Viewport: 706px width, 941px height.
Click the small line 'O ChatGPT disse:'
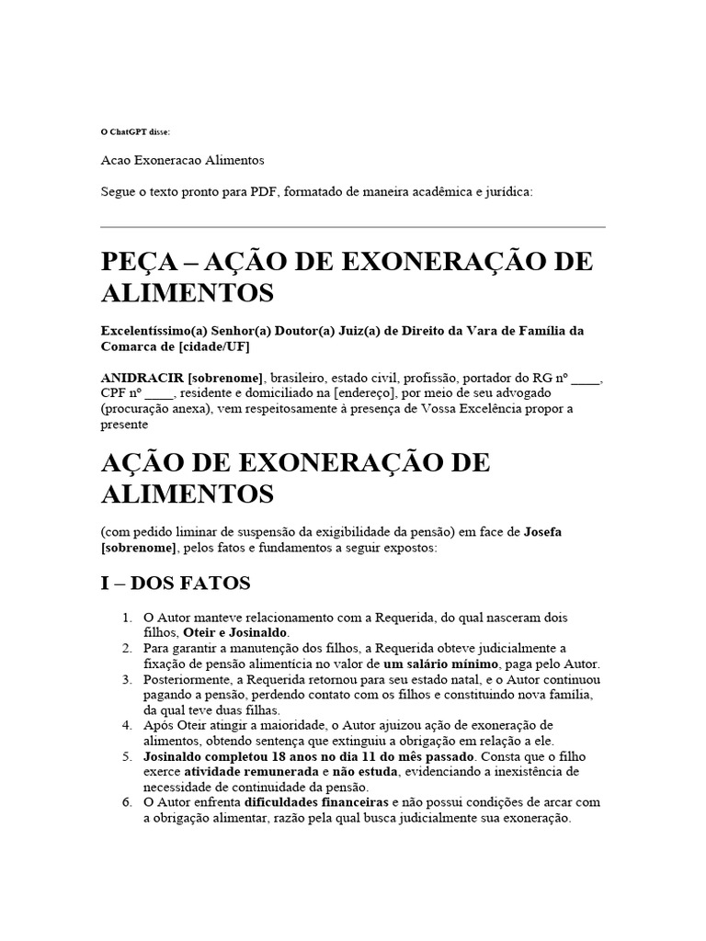tap(135, 132)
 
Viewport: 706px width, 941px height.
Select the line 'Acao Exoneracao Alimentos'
tap(182, 160)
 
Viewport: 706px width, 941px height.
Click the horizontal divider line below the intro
tap(352, 227)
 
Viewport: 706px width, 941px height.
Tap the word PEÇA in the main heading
tap(146, 262)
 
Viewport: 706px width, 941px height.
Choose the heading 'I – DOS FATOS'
tap(175, 584)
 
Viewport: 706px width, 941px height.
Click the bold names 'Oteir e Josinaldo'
tap(236, 633)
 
